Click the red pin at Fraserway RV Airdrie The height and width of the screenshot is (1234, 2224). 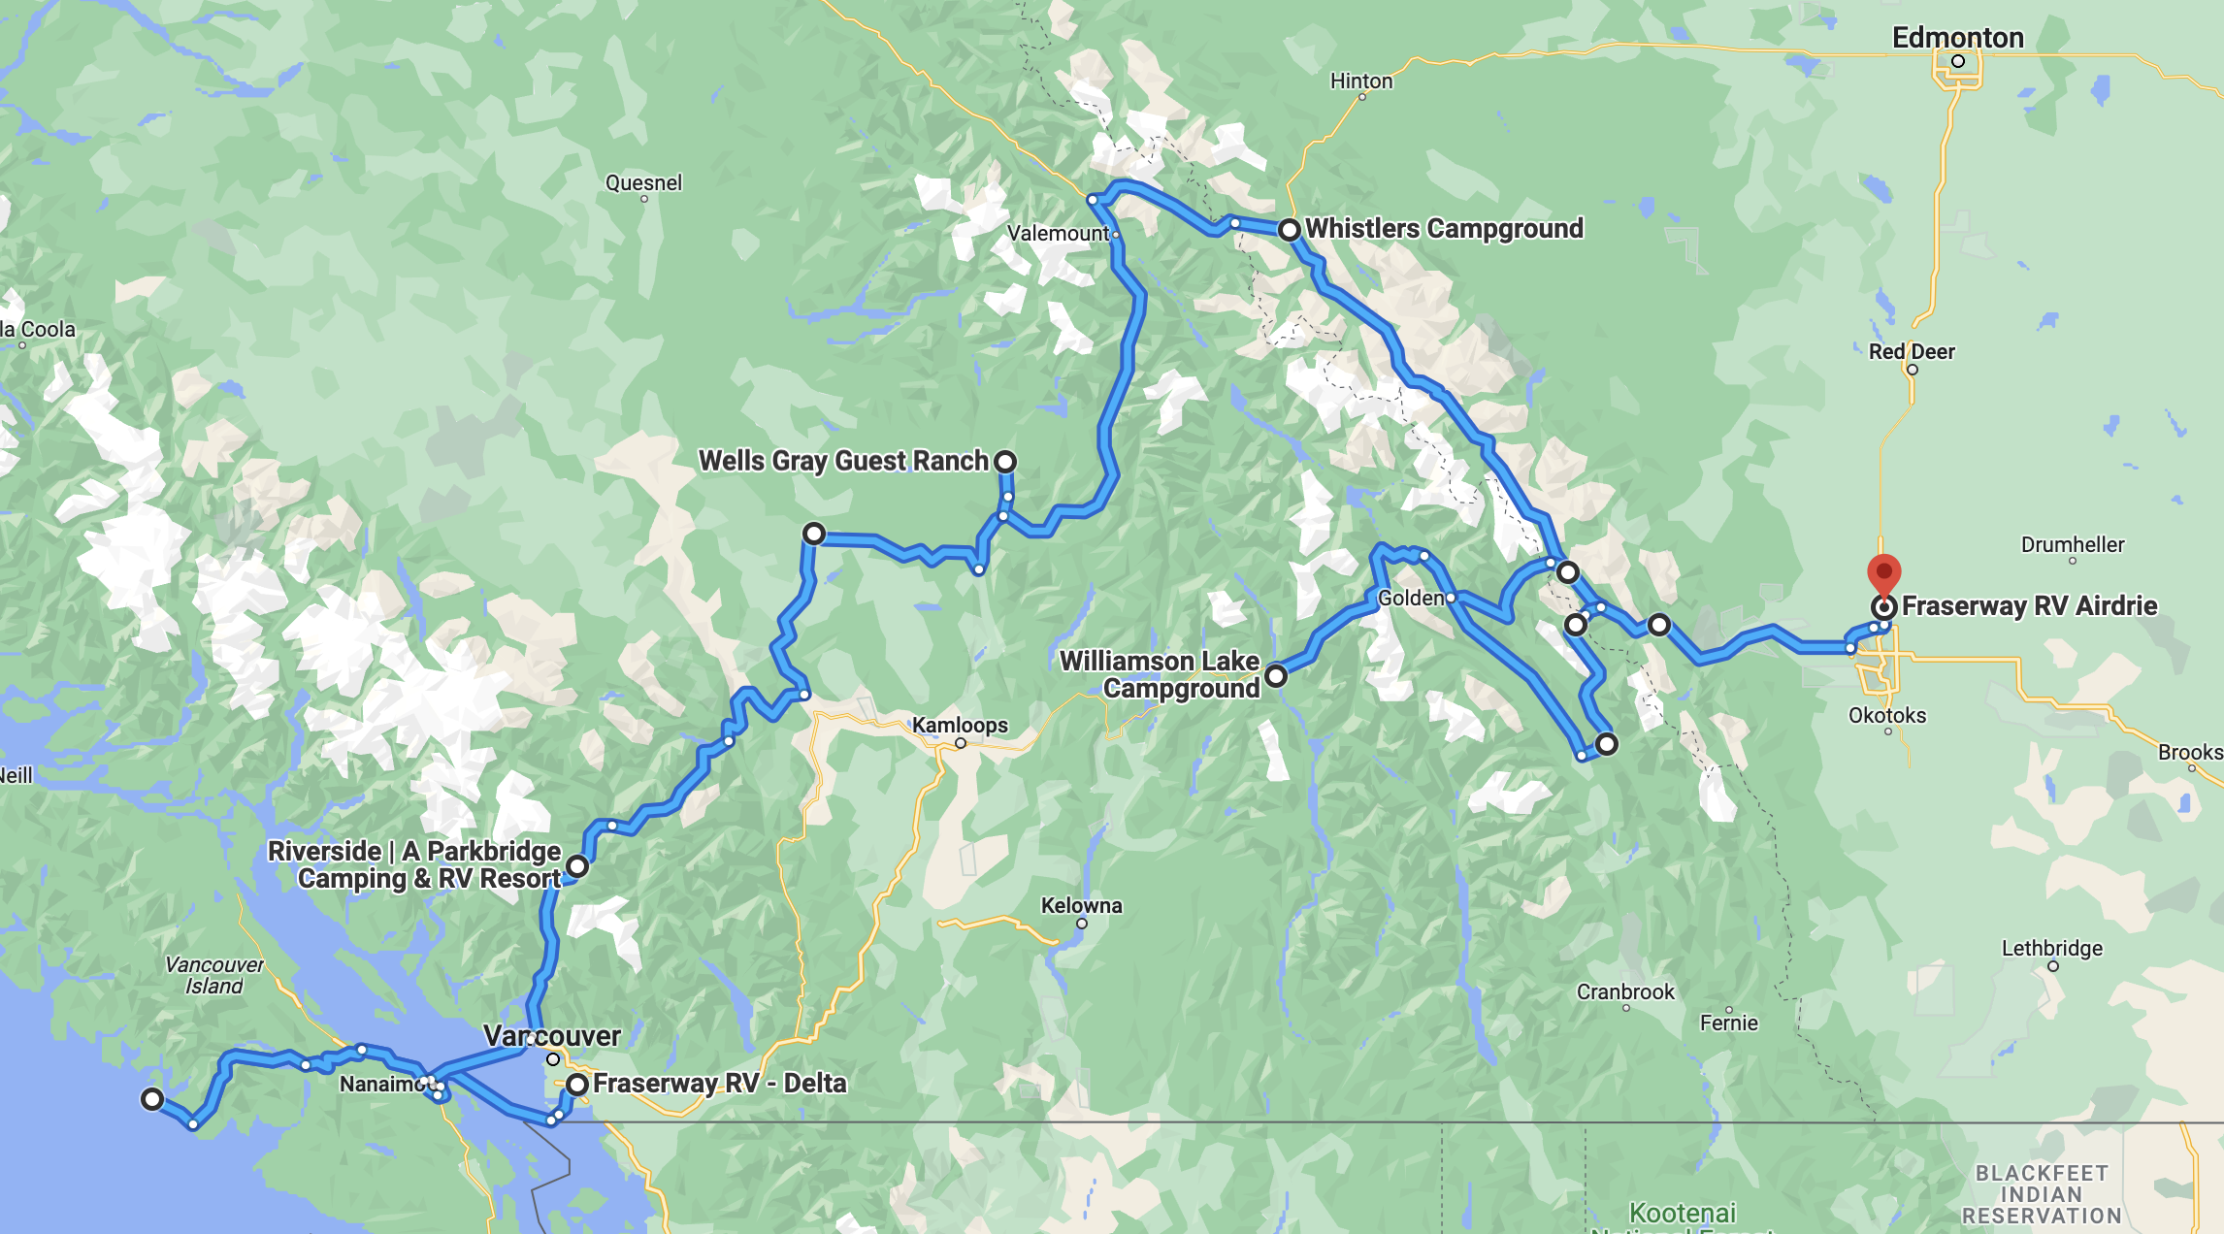[1883, 573]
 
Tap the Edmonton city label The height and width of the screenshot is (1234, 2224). [1957, 38]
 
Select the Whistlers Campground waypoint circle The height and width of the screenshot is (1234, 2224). [1289, 230]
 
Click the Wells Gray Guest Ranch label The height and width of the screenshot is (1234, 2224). [842, 461]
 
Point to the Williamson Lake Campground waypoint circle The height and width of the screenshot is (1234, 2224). [1276, 675]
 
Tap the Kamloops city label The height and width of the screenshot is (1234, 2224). [959, 725]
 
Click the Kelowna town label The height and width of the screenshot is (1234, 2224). [1081, 905]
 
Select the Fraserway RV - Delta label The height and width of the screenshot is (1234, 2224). [719, 1083]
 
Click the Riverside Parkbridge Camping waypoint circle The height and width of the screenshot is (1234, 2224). [577, 865]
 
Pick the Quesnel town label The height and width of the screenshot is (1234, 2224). [643, 182]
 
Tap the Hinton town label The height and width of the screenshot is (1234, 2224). [1360, 81]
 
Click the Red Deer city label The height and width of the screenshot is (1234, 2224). [1911, 351]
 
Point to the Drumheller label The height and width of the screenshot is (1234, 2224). [2072, 544]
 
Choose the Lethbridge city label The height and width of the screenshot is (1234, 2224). [2051, 948]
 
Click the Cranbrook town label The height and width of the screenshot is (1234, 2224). [1624, 991]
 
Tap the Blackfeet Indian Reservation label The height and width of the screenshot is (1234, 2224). [2041, 1194]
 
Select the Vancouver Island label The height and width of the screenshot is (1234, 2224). [213, 975]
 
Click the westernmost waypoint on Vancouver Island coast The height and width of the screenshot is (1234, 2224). [151, 1099]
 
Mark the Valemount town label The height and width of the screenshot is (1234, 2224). [1057, 234]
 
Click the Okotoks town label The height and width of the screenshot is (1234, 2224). [1886, 716]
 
